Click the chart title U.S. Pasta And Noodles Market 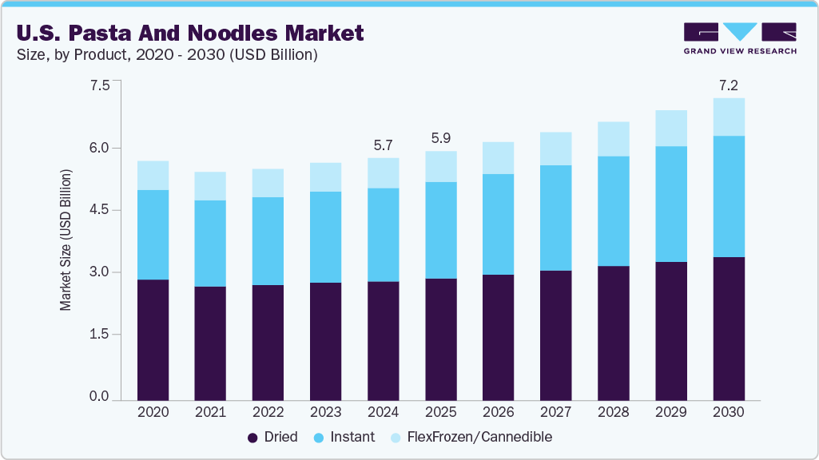click(x=189, y=34)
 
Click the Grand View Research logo click(x=739, y=38)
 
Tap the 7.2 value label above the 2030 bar click(x=728, y=85)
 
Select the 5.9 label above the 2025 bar click(x=440, y=137)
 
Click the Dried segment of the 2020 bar click(x=153, y=339)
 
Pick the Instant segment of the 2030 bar click(x=728, y=196)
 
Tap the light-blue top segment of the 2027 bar click(x=555, y=149)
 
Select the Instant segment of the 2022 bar click(x=268, y=241)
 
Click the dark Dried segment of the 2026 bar click(x=498, y=337)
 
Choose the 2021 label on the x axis click(x=210, y=413)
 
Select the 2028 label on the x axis click(x=613, y=413)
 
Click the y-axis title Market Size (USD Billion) click(x=66, y=240)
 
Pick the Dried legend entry click(x=272, y=437)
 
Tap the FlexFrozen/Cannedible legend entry click(x=471, y=437)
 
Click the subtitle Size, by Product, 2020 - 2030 click(x=167, y=56)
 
